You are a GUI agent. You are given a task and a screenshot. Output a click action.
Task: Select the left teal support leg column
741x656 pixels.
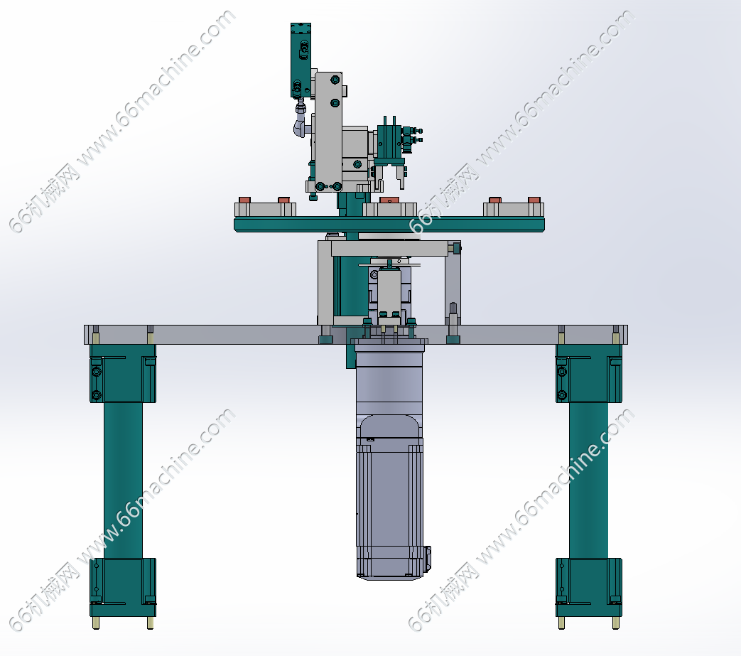[x=123, y=480]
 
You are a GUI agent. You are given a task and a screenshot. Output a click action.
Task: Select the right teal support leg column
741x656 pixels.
[x=588, y=480]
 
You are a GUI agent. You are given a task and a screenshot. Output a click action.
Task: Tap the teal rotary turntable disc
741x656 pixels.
[x=389, y=224]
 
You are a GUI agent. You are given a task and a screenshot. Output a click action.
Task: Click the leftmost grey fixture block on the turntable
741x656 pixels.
[x=265, y=210]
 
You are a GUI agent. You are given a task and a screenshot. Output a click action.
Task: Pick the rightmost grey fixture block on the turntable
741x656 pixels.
[x=513, y=210]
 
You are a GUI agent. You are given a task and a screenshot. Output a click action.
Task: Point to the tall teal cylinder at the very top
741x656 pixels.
[x=300, y=60]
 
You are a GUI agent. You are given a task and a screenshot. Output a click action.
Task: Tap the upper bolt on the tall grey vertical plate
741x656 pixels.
[x=335, y=80]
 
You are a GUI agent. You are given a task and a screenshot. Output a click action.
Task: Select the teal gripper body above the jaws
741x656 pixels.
[x=390, y=141]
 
